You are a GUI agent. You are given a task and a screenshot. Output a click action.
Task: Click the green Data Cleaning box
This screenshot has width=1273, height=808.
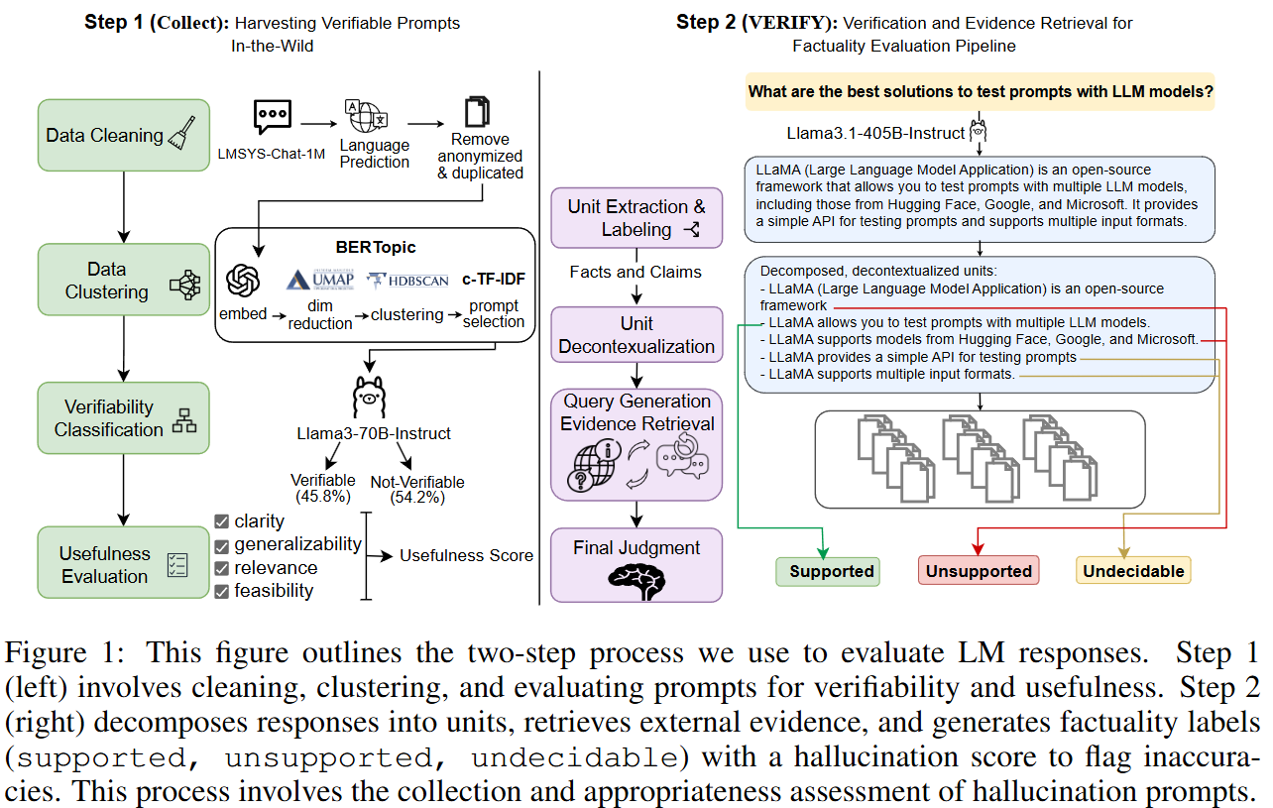tap(123, 135)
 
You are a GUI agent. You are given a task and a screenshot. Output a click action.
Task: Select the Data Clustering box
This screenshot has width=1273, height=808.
tap(123, 281)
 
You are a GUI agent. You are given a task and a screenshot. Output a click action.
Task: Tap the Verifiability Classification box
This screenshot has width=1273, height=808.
tap(123, 418)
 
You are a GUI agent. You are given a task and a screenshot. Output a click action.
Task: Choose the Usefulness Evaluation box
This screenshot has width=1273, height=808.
tap(123, 564)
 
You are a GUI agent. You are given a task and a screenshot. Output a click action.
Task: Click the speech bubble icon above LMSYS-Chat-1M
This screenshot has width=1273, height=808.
tap(272, 118)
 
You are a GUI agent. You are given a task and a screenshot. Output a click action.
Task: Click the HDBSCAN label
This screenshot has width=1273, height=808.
tap(409, 281)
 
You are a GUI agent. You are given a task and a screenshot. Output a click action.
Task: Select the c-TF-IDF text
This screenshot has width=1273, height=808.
tap(493, 280)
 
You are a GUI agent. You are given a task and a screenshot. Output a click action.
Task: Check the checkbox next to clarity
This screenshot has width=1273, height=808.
tap(222, 521)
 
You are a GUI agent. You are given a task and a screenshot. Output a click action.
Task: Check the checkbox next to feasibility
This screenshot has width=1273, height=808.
tap(222, 592)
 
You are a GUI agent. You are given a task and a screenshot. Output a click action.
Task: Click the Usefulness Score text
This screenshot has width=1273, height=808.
tap(466, 555)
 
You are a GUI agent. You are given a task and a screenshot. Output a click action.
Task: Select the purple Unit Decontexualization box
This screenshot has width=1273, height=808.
tap(636, 335)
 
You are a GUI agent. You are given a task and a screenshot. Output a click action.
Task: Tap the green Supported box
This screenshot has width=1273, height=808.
tap(827, 571)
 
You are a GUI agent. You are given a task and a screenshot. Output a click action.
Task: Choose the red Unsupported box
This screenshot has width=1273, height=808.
tap(979, 571)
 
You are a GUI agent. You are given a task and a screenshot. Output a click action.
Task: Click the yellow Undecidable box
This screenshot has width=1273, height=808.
tap(1132, 571)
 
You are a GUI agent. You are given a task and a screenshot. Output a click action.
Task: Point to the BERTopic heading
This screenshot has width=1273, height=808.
tap(375, 247)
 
